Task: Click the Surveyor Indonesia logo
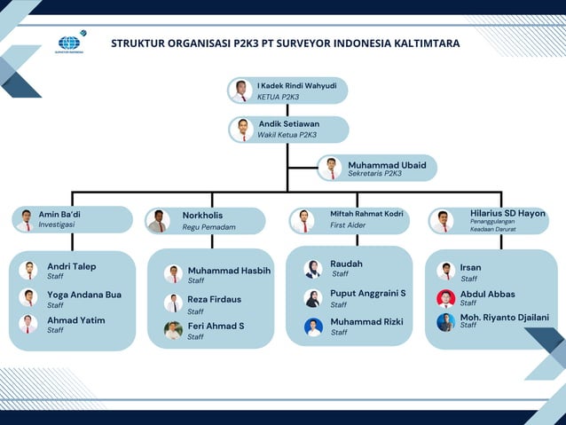point(69,43)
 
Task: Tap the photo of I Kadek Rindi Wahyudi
point(241,91)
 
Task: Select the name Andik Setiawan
point(289,124)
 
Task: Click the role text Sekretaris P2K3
point(374,174)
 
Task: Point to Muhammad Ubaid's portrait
point(332,168)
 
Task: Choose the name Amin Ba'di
point(59,214)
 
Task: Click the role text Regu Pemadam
point(208,227)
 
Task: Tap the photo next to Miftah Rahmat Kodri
point(303,220)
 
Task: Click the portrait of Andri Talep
point(29,271)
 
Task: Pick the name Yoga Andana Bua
point(84,295)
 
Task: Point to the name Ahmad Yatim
point(76,320)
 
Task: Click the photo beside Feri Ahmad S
point(173,330)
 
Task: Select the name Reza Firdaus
point(214,300)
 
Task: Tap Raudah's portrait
point(313,269)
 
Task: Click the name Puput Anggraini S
point(368,294)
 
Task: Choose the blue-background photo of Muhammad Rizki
point(313,327)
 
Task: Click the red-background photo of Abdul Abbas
point(445,298)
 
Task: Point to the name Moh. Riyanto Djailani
point(504,317)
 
